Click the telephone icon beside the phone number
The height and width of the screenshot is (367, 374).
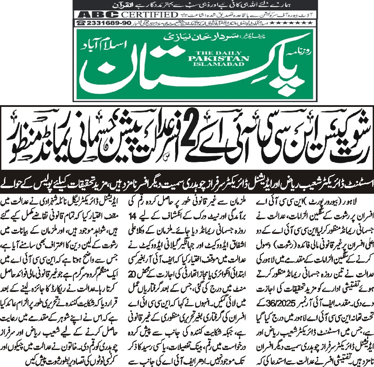click(81, 22)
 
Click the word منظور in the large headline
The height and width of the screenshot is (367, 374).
click(17, 140)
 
